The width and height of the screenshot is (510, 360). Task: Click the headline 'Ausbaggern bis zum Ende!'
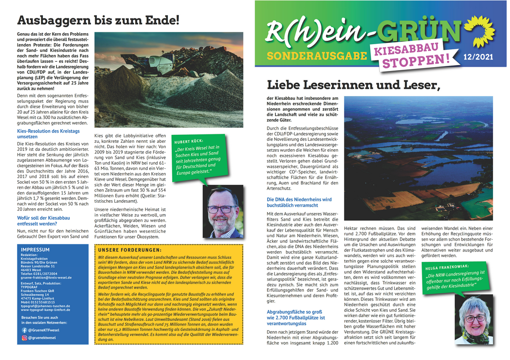point(98,20)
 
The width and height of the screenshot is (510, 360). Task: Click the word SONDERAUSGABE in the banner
point(316,56)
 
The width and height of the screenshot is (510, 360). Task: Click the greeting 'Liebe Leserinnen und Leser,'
point(352,85)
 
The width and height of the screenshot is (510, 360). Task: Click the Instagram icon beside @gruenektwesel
point(24,338)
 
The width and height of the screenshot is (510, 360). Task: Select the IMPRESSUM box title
point(35,249)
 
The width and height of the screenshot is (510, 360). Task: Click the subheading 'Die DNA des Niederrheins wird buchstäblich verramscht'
point(299,202)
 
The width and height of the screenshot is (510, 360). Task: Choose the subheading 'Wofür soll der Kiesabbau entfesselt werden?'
point(43,221)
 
